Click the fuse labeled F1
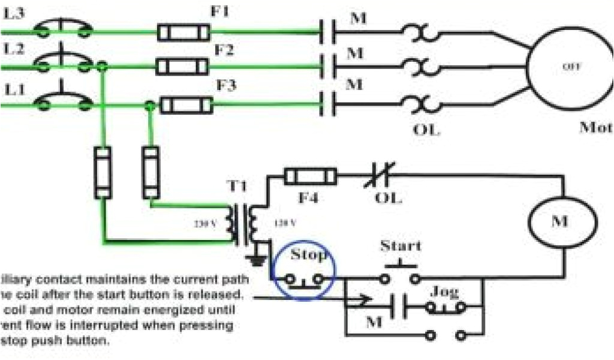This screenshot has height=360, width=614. (x=183, y=31)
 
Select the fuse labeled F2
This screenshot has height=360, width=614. (x=182, y=66)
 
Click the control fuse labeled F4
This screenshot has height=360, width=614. (x=309, y=176)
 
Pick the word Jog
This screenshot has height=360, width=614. (x=444, y=292)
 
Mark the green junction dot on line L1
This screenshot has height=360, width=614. (x=150, y=106)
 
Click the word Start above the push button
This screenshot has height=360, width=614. (x=401, y=246)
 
